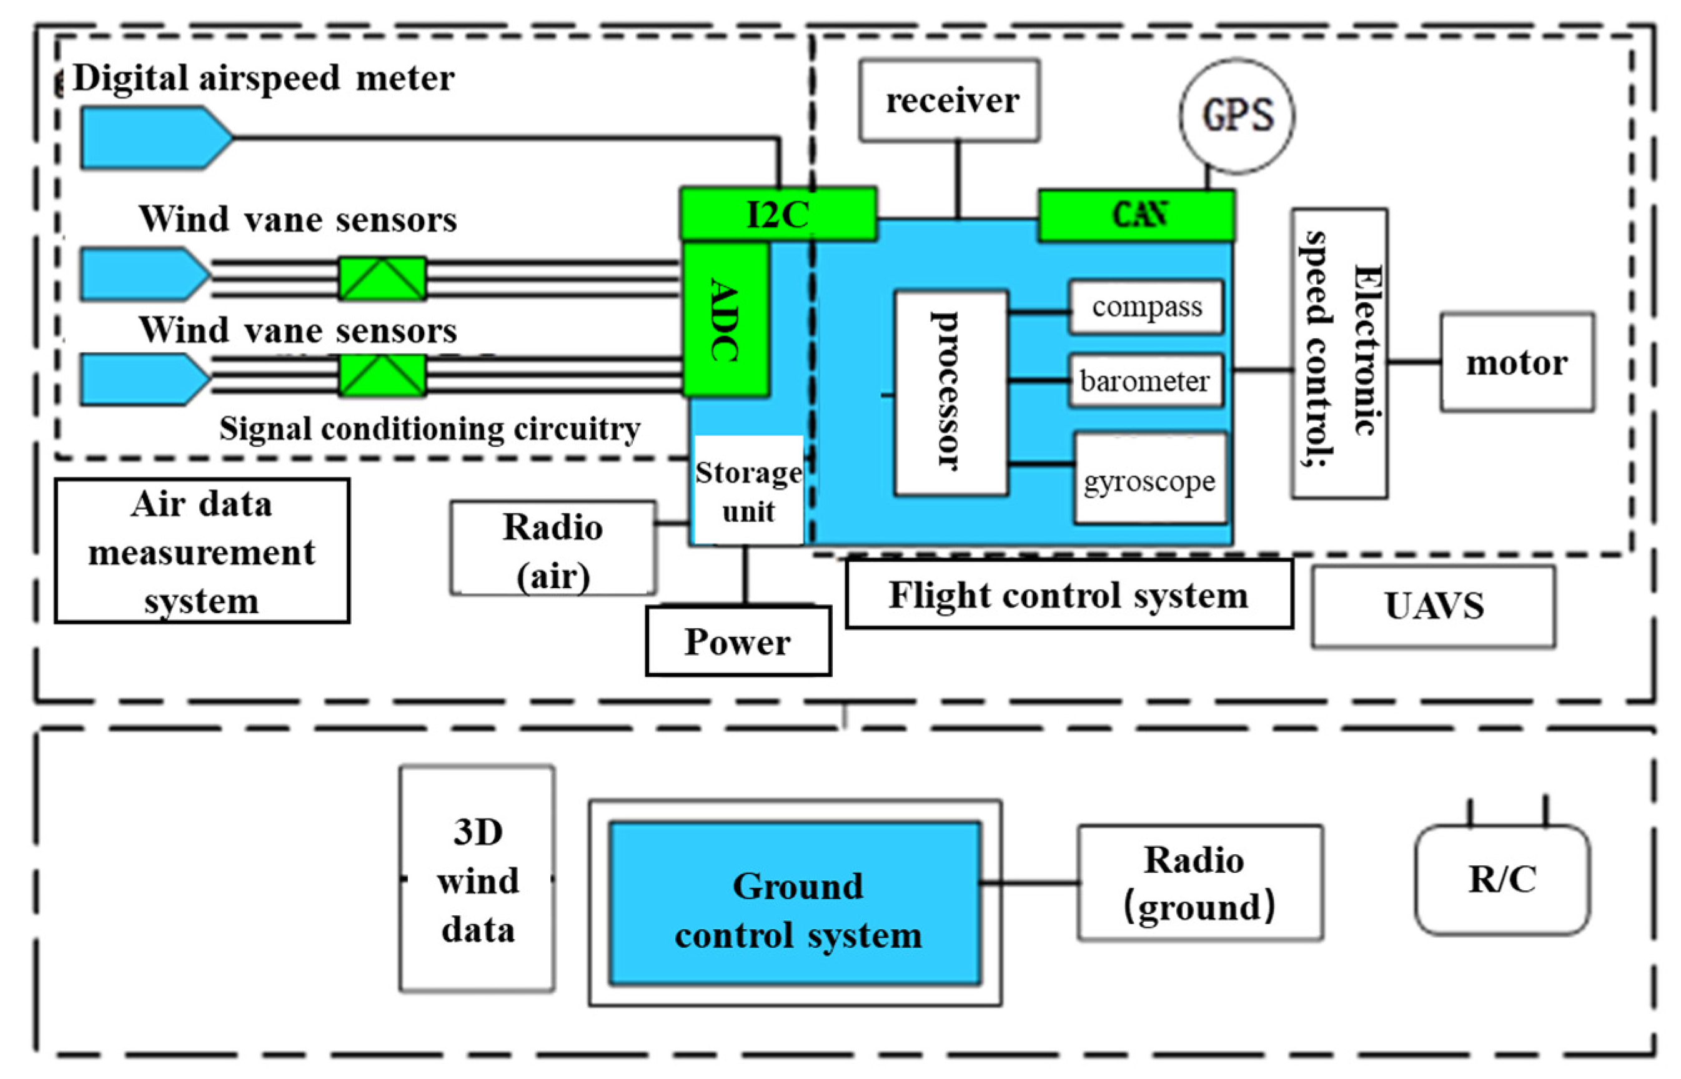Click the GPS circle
point(1236,116)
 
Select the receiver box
point(949,100)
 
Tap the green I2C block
point(777,214)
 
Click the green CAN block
point(1136,215)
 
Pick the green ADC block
point(725,320)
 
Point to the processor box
point(950,392)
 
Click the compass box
point(1146,307)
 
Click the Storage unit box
point(748,490)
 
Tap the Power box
point(737,641)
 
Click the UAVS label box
point(1433,606)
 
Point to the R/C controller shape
point(1502,879)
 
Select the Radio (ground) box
point(1199,882)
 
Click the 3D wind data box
point(477,879)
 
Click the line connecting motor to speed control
point(1414,362)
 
